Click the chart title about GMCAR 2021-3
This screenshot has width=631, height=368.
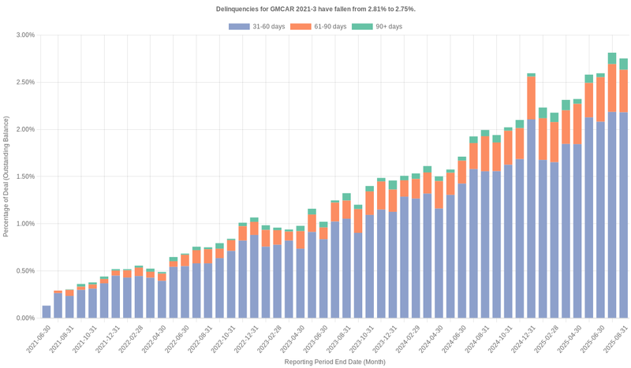315,9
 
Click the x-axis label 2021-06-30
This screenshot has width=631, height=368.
38,340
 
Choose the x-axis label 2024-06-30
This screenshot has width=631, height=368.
454,340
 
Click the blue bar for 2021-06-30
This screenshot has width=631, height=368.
47,311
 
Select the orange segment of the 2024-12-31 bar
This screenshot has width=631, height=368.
531,99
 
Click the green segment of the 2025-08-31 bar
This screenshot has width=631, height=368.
623,64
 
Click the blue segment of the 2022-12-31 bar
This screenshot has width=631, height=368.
254,276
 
